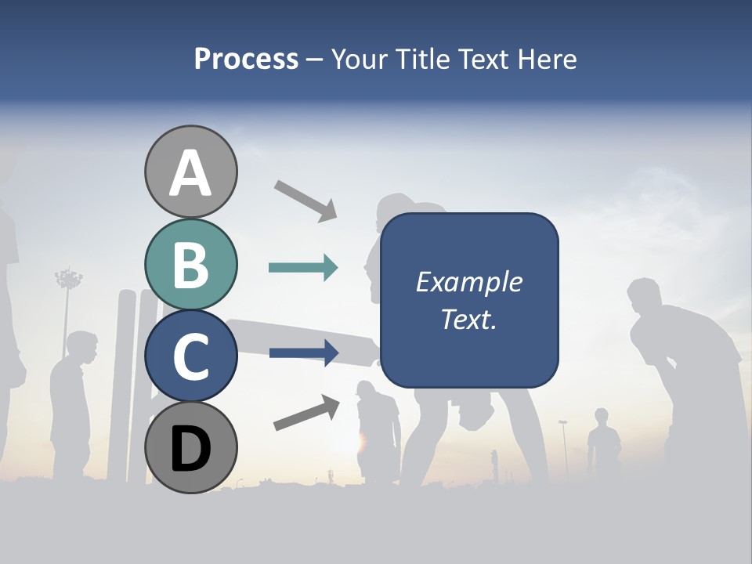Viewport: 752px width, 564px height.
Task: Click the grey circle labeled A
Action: click(190, 172)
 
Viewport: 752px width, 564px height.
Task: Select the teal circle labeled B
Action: click(190, 265)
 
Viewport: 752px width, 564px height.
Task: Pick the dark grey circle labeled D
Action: click(190, 447)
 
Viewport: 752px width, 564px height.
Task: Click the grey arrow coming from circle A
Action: click(306, 199)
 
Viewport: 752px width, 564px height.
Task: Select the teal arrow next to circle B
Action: click(303, 268)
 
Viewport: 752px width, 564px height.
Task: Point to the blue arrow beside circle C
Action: click(304, 353)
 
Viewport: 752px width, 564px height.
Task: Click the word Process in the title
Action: click(246, 59)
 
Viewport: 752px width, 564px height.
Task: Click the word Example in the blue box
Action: click(468, 282)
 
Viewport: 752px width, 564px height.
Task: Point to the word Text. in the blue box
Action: click(468, 319)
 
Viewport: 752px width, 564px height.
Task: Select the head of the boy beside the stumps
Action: click(81, 347)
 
